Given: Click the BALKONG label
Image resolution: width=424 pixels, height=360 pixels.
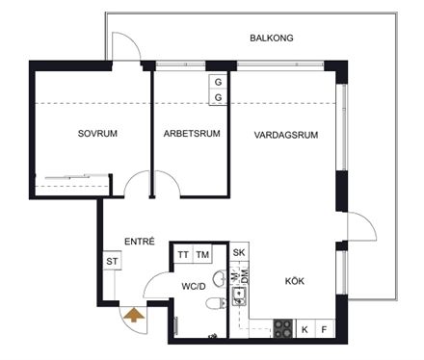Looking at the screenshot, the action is click(272, 38).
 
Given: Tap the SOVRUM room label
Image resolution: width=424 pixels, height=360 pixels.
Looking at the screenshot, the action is click(97, 134).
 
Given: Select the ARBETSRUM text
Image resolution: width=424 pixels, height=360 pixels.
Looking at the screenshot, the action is click(192, 134).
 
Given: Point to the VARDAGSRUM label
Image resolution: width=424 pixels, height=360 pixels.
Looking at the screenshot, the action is click(286, 135).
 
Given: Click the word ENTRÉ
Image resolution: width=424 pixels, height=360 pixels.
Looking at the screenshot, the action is click(140, 242).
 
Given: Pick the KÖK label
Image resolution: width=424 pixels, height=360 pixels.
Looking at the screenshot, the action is click(295, 281).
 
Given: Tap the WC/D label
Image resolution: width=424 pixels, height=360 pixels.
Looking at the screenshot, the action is click(194, 286).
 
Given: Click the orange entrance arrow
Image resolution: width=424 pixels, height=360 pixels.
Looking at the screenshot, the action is click(135, 315).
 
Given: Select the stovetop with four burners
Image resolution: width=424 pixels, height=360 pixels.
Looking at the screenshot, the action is click(283, 328).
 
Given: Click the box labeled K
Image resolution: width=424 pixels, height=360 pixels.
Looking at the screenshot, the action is click(305, 329).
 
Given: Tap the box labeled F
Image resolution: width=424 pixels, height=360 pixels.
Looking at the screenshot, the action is click(325, 329).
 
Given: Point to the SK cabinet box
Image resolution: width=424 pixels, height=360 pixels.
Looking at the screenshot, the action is click(239, 252).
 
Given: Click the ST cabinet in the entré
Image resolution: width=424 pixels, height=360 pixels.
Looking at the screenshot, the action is click(112, 261).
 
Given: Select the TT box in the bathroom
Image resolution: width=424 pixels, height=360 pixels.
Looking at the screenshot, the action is click(183, 255).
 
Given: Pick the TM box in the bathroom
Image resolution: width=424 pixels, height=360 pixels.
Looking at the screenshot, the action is click(202, 255).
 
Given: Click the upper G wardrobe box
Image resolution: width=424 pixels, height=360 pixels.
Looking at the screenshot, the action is click(218, 82).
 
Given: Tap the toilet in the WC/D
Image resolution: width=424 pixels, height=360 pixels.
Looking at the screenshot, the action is click(216, 303).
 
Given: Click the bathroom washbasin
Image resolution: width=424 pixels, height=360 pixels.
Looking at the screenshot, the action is click(220, 278).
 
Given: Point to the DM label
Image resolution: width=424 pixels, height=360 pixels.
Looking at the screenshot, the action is click(245, 276).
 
